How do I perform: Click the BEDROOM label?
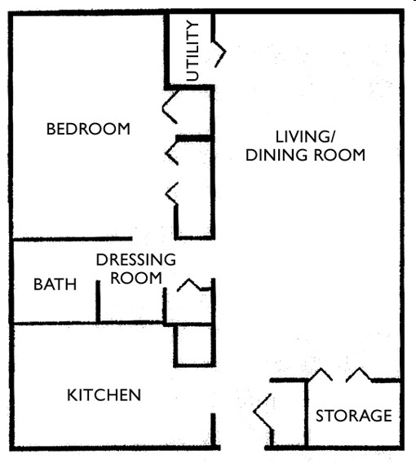pos(88,129)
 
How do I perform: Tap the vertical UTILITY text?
pos(193,51)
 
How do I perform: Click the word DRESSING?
pos(135,261)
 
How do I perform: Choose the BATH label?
pos(55,284)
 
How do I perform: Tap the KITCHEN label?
pos(104,395)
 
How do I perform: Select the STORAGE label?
pos(353,416)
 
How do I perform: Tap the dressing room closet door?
pos(194,285)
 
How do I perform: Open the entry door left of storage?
pos(263,412)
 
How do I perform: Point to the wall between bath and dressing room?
pos(98,298)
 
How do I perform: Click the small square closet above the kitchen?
pos(194,344)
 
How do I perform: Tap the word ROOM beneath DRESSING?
pos(135,278)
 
